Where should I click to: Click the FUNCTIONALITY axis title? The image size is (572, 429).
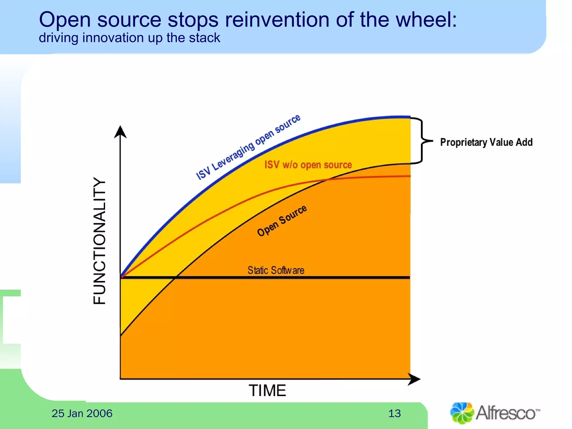99,240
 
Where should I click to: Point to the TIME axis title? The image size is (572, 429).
267,390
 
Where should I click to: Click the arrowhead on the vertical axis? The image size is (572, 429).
120,132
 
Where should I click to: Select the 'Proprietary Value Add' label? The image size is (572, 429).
486,142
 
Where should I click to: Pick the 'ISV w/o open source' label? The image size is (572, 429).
308,165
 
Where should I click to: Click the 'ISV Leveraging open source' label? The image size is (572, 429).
248,147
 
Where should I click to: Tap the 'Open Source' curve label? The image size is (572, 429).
282,221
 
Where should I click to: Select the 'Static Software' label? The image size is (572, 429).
276,270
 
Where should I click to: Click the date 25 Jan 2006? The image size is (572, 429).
82,413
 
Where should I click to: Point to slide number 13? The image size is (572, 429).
394,413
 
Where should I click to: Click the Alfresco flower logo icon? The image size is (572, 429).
462,413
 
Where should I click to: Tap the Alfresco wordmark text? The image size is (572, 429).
506,413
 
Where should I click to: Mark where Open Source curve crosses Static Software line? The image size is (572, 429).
175,277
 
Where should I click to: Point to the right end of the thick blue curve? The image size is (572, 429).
409,117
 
